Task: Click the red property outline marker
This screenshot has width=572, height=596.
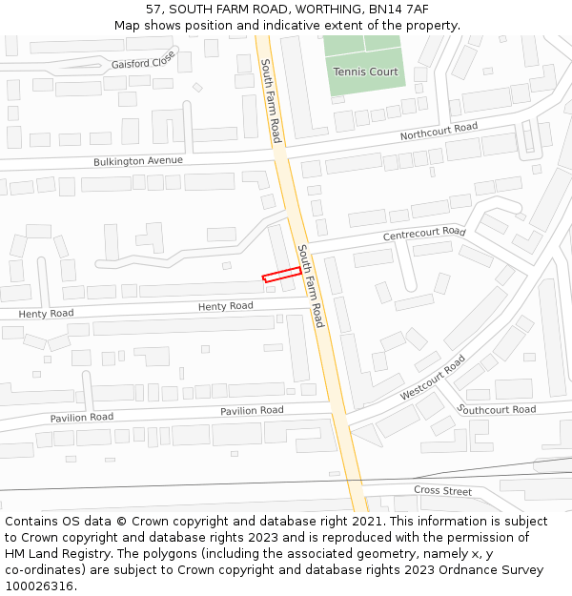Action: (x=282, y=276)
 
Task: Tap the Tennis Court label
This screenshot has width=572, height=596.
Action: (x=365, y=72)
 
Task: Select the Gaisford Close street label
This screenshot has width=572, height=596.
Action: (x=144, y=60)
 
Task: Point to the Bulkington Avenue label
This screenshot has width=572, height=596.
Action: (x=137, y=161)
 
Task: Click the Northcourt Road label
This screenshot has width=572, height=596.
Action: (x=439, y=132)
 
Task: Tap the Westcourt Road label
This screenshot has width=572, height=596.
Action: (x=433, y=378)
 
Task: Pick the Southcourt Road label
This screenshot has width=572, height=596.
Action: (x=497, y=410)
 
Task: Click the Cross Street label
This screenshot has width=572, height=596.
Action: (x=442, y=491)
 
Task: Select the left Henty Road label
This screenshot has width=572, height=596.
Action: (x=46, y=314)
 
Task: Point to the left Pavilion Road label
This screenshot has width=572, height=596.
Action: (x=82, y=418)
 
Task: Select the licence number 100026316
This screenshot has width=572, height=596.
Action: (x=39, y=586)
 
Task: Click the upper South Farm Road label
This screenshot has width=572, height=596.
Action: (x=271, y=101)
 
